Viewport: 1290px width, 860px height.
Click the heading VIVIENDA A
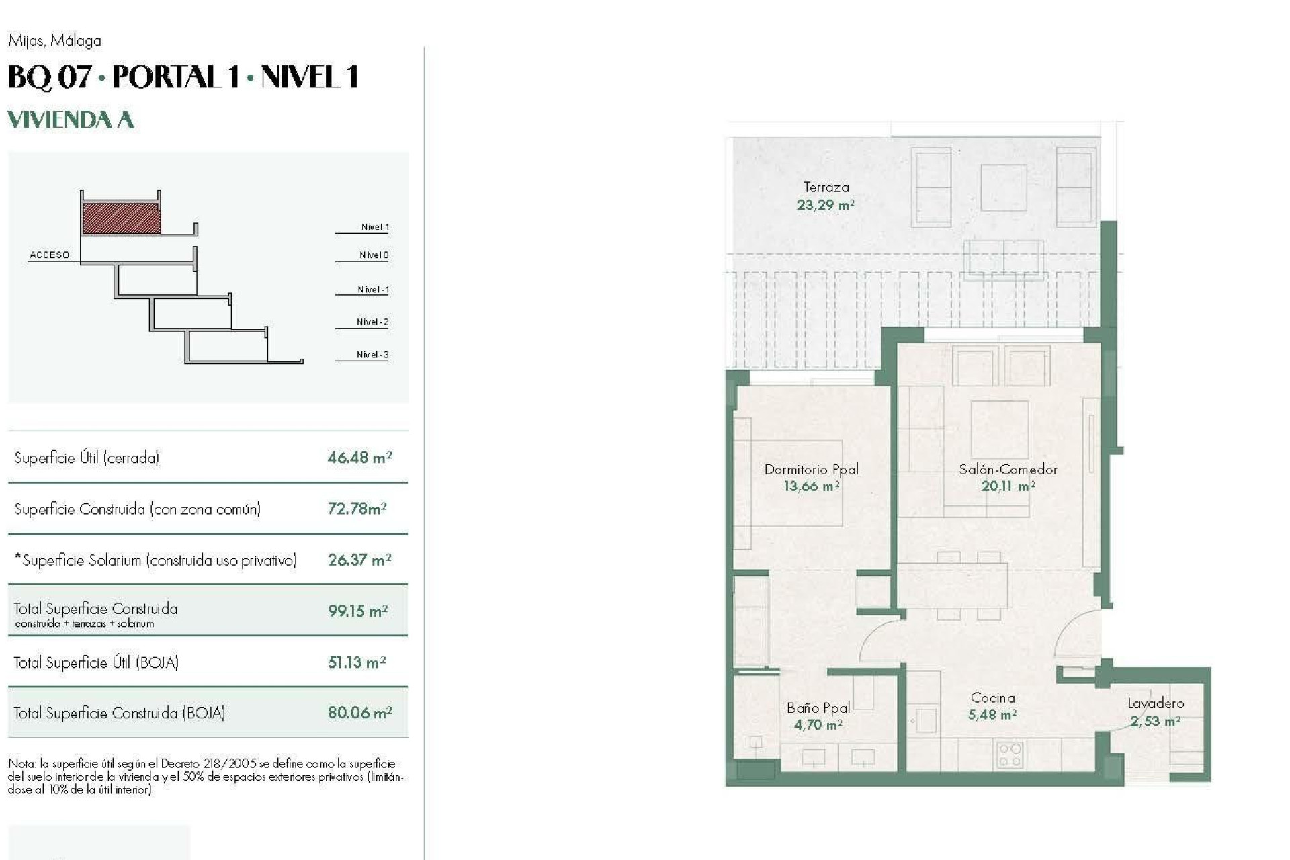[71, 120]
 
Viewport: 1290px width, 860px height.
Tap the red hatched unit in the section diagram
[121, 218]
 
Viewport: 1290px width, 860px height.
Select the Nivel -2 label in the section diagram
[372, 322]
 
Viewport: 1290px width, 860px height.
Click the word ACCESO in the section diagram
[49, 255]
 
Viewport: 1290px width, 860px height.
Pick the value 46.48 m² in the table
[359, 458]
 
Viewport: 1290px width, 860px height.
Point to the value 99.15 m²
[357, 611]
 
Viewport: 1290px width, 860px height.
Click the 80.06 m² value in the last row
[359, 712]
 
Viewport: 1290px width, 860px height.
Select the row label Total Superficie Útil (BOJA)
[96, 662]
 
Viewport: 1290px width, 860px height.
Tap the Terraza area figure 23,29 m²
[825, 205]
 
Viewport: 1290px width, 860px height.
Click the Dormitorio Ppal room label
[811, 469]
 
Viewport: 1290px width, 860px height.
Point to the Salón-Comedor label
[1008, 469]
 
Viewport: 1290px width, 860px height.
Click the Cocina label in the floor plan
[992, 697]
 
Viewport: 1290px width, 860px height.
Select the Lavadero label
[1155, 703]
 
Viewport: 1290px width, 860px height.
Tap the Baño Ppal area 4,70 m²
[818, 724]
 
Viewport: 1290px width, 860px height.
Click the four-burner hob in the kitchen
[1008, 754]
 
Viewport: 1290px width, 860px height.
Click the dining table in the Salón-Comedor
[953, 585]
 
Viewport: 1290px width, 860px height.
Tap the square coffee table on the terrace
[1003, 188]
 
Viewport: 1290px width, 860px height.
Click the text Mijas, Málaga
[55, 40]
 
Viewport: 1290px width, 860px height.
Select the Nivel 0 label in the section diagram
[374, 255]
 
